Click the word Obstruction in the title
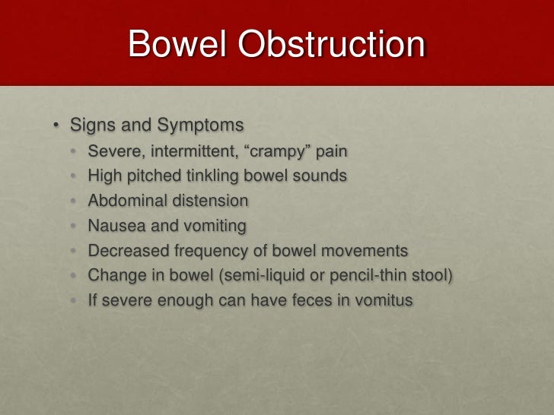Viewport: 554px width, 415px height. tap(332, 44)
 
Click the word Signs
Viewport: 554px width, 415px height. tap(91, 125)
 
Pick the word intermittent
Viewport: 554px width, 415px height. tap(190, 150)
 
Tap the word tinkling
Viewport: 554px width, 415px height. tap(216, 176)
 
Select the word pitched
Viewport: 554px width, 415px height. tap(153, 176)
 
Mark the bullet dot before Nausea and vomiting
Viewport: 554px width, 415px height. tap(74, 227)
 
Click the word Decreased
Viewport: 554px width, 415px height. tap(126, 251)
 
